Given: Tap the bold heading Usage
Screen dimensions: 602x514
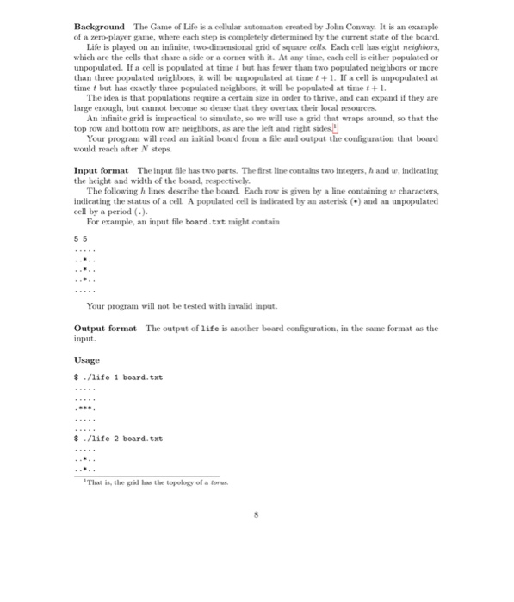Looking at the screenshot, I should point(88,359).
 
